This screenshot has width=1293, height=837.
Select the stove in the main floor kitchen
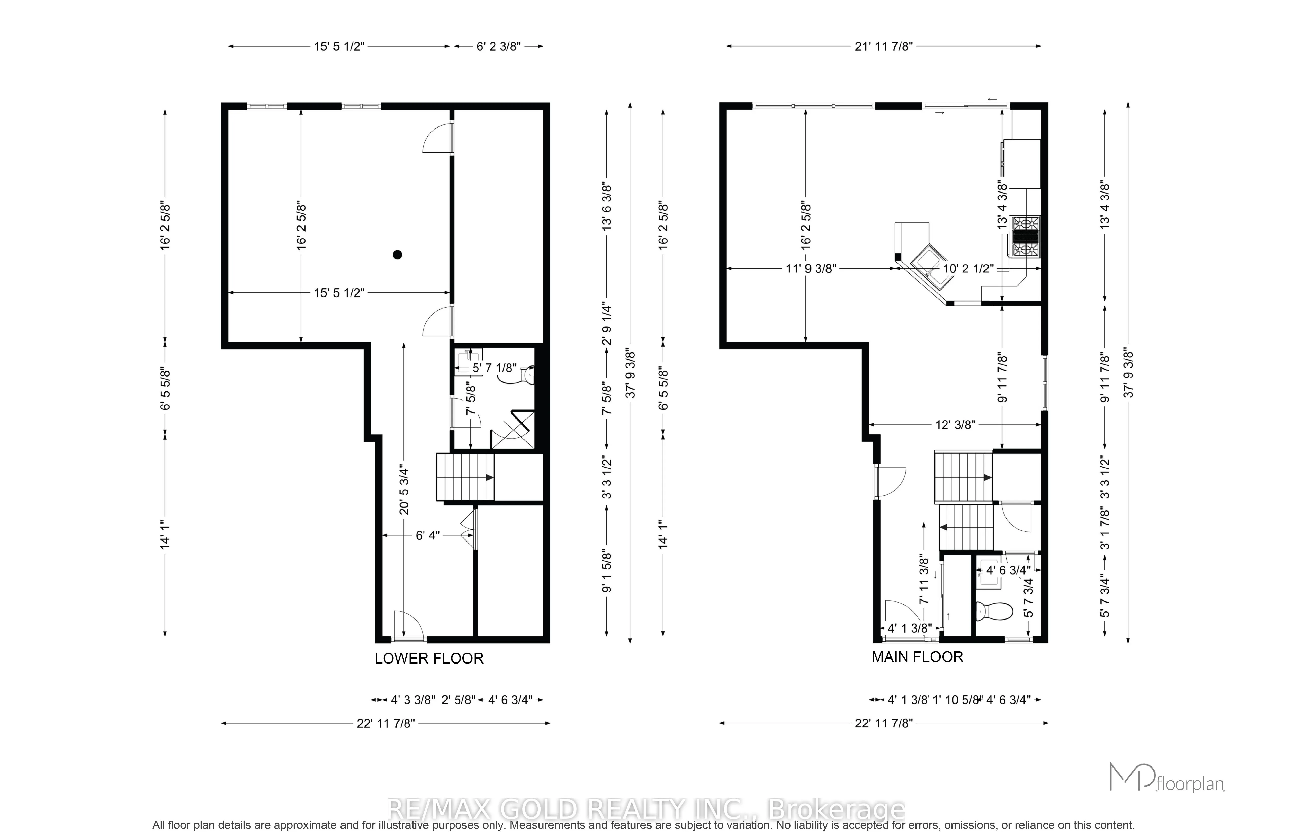[1025, 236]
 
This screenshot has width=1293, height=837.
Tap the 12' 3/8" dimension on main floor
[955, 425]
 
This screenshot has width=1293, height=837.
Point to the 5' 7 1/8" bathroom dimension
[494, 368]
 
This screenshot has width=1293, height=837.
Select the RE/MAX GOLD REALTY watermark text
[646, 810]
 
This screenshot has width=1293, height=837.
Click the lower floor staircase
[465, 477]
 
